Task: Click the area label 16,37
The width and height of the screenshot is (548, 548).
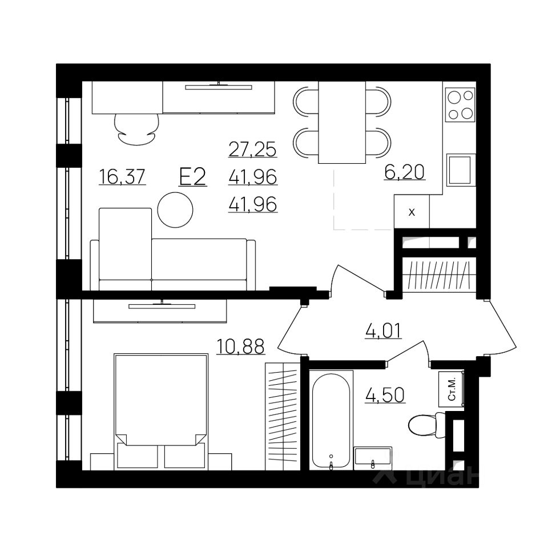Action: click(x=122, y=176)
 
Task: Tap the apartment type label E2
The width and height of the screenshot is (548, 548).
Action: click(x=192, y=176)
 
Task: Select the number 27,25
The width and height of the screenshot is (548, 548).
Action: click(x=253, y=149)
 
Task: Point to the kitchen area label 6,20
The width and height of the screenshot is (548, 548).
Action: click(x=404, y=172)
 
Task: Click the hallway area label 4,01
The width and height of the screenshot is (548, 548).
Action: click(x=384, y=331)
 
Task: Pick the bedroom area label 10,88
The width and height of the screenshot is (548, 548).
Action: click(x=240, y=346)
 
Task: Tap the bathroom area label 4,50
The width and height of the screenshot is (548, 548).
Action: click(x=385, y=395)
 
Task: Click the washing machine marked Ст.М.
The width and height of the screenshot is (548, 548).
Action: click(x=452, y=389)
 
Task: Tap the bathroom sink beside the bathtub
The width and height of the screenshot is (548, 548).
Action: click(x=373, y=457)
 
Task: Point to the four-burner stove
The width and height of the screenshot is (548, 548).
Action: click(x=460, y=104)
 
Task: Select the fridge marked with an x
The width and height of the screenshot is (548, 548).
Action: click(x=412, y=211)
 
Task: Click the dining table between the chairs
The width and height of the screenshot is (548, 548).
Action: click(x=342, y=122)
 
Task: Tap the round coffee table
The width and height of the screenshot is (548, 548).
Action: click(x=175, y=209)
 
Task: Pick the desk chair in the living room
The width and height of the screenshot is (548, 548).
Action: click(x=136, y=130)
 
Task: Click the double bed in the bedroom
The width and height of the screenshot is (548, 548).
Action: click(x=161, y=410)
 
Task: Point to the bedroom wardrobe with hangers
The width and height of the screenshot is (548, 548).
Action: click(x=283, y=417)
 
